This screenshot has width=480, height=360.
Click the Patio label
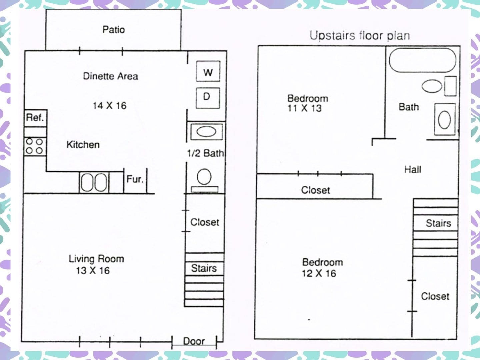pyautogui.click(x=113, y=30)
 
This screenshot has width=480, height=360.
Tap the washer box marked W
pyautogui.click(x=208, y=71)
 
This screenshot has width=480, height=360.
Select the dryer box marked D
pyautogui.click(x=208, y=98)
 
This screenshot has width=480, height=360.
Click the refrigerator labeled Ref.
pyautogui.click(x=35, y=118)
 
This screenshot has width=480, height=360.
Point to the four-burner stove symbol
pyautogui.click(x=35, y=146)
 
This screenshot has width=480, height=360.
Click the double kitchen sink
pyautogui.click(x=94, y=183)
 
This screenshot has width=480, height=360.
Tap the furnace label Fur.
pyautogui.click(x=135, y=179)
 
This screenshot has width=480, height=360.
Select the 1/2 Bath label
pyautogui.click(x=205, y=153)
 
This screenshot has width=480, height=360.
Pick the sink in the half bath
pyautogui.click(x=206, y=132)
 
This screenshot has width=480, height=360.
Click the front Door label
pyautogui.click(x=194, y=341)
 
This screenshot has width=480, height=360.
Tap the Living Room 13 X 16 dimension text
pyautogui.click(x=93, y=271)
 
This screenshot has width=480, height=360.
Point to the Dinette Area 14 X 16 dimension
pyautogui.click(x=110, y=106)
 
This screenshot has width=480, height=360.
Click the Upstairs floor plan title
pyautogui.click(x=360, y=36)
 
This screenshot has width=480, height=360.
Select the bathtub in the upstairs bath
pyautogui.click(x=422, y=60)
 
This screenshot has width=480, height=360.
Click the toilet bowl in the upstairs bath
pyautogui.click(x=432, y=86)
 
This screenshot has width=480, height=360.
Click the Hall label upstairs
pyautogui.click(x=413, y=170)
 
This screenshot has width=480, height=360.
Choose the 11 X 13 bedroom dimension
pyautogui.click(x=304, y=108)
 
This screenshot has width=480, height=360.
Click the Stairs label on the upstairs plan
pyautogui.click(x=438, y=223)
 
